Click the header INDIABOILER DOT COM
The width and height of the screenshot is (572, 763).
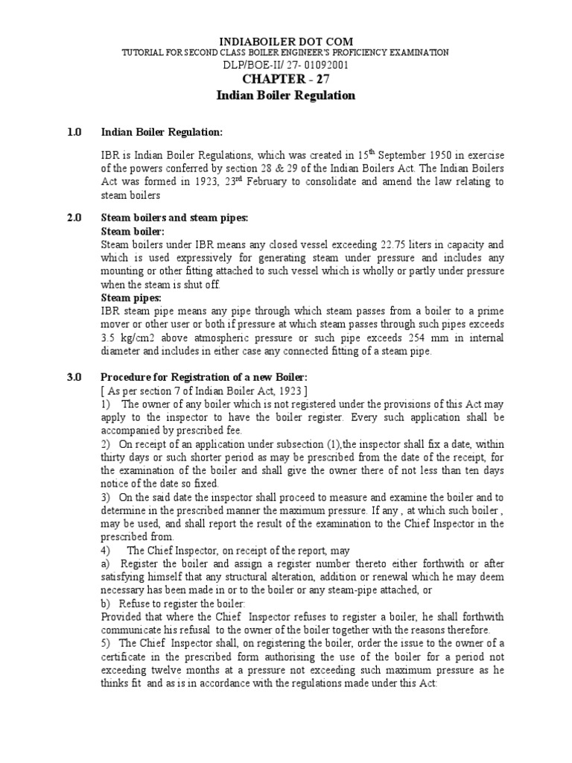(285, 40)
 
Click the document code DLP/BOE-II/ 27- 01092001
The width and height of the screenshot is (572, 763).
(285, 65)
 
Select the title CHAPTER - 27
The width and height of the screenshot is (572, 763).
(285, 80)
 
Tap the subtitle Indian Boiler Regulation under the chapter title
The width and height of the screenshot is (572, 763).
(285, 95)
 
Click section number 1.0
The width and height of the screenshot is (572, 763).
(74, 133)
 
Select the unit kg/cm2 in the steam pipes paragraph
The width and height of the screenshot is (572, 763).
(136, 338)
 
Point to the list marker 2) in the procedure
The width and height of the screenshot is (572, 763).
(106, 444)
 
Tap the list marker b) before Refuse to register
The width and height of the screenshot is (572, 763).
(106, 603)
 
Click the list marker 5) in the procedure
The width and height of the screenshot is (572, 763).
(106, 643)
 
